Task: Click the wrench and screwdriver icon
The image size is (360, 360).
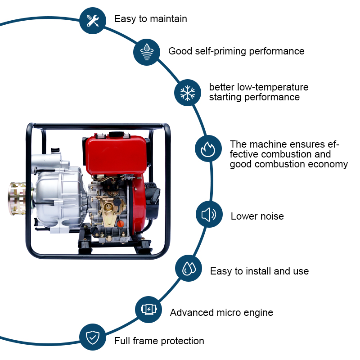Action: [93, 21]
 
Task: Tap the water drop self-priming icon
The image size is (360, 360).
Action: [147, 52]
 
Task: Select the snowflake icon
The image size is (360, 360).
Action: [188, 93]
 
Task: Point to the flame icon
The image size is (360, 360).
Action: [208, 149]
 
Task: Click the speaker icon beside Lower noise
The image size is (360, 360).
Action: [209, 215]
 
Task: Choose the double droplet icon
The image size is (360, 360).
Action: [189, 268]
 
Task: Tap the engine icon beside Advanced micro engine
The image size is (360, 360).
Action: [149, 309]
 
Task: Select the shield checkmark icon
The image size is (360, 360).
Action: [93, 337]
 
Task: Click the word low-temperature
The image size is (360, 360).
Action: [273, 87]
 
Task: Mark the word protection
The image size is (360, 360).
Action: [183, 341]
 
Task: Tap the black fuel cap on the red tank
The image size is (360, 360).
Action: [116, 134]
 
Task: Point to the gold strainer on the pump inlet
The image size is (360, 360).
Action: [18, 199]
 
